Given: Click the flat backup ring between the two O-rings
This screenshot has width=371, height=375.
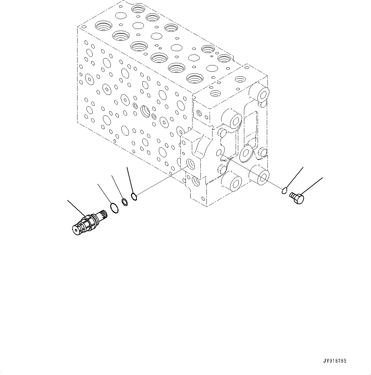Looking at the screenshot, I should pyautogui.click(x=125, y=202).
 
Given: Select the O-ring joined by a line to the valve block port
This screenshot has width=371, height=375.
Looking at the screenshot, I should pyautogui.click(x=134, y=197).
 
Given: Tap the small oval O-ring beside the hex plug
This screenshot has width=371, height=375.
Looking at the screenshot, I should pyautogui.click(x=285, y=191).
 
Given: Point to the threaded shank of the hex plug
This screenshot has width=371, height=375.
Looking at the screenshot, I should pyautogui.click(x=292, y=196).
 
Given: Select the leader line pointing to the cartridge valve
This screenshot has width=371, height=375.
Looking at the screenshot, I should pyautogui.click(x=76, y=208).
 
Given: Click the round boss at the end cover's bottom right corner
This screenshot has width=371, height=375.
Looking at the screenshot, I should pyautogui.click(x=263, y=176).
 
